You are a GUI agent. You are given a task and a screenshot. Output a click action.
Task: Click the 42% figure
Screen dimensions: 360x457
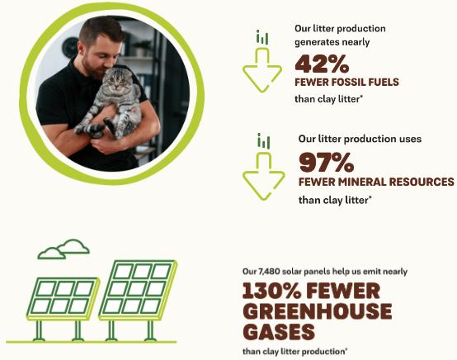tap(322, 64)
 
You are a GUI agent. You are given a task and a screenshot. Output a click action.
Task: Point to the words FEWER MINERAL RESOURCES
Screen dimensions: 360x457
tap(376, 182)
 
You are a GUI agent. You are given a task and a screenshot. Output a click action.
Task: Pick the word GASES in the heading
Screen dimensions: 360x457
tap(278, 332)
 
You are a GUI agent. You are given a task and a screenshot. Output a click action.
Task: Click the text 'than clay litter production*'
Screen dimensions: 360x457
tap(294, 351)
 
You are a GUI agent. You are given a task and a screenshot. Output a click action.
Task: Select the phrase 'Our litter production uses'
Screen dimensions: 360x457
tap(360, 140)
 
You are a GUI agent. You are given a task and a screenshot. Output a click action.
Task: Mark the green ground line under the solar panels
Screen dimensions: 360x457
tap(91, 340)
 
